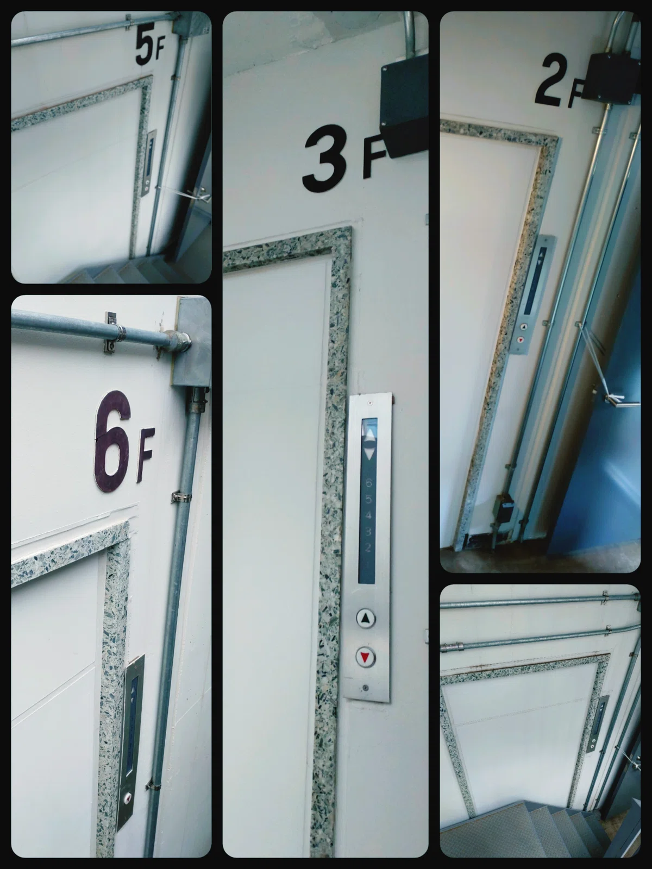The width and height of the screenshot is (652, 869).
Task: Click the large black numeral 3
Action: click(x=323, y=159)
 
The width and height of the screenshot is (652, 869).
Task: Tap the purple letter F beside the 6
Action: click(x=145, y=461)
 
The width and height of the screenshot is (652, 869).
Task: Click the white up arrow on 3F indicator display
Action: click(x=370, y=435)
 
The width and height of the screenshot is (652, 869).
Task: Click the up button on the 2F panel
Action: click(x=524, y=327)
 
